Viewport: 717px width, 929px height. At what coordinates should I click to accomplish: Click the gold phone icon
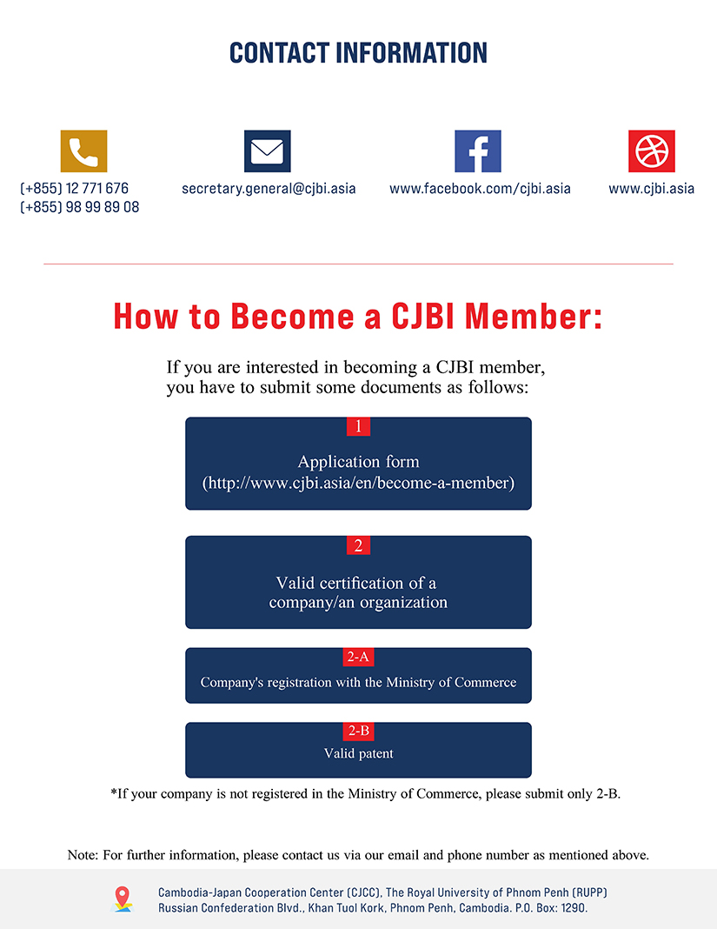[83, 151]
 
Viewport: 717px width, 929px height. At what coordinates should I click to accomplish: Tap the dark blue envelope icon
[267, 151]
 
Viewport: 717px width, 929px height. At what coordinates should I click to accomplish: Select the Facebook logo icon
[478, 151]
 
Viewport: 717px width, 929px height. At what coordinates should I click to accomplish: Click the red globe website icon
[651, 151]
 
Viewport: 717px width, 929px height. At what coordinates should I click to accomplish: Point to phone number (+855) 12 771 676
[74, 189]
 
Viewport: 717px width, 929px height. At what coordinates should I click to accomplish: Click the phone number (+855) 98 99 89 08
[79, 207]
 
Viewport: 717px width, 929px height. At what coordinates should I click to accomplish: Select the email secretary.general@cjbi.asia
[269, 189]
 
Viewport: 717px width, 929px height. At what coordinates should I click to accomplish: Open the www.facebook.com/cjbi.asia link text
[480, 189]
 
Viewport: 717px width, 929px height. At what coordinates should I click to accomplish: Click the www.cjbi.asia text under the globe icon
[651, 189]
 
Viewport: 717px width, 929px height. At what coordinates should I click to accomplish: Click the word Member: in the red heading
[533, 316]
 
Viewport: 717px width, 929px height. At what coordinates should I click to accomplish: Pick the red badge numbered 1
[358, 426]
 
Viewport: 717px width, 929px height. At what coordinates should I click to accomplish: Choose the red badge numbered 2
[358, 545]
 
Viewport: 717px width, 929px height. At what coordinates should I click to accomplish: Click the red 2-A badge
[358, 657]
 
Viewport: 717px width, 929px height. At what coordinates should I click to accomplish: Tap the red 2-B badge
[358, 732]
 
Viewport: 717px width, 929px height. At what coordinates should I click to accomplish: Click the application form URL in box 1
[358, 483]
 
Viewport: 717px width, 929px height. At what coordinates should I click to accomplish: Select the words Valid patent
[358, 753]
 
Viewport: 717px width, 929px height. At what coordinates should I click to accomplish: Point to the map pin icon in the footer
[123, 899]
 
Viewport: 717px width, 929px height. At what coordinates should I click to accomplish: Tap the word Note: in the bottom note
[83, 855]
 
